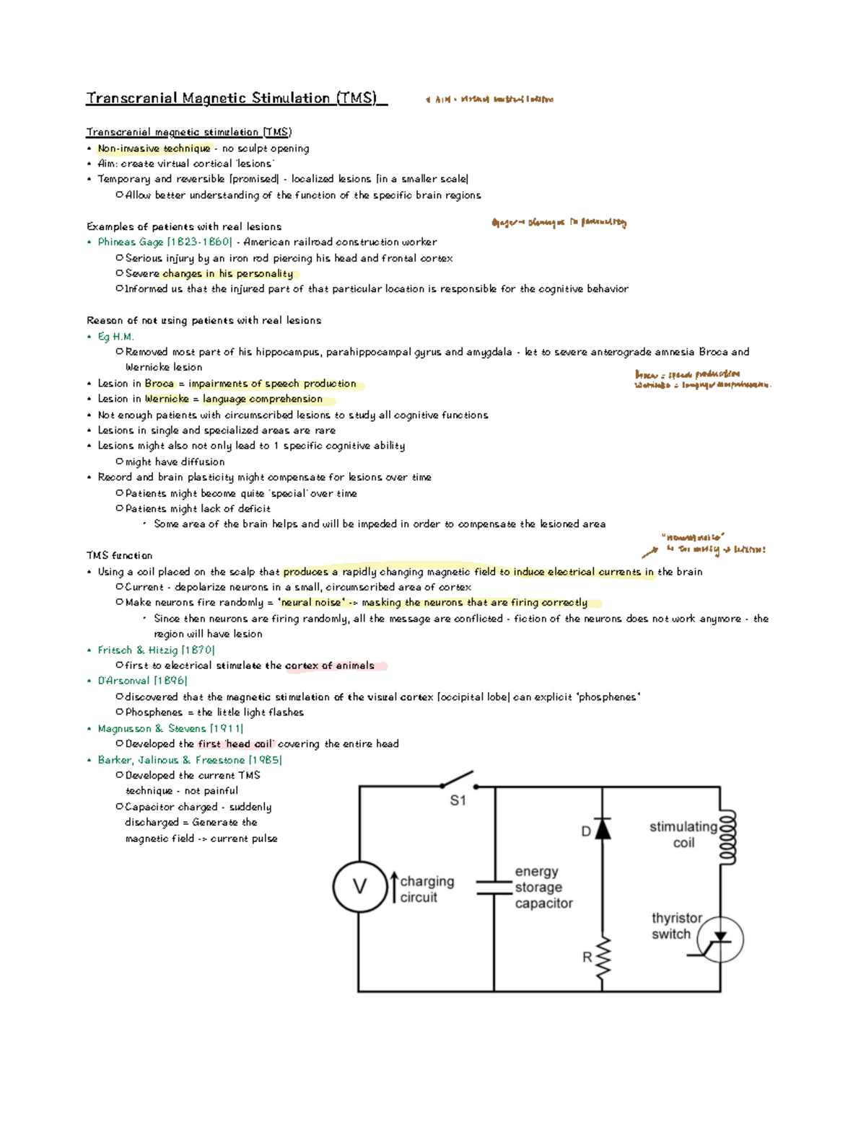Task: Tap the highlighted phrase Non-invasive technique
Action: click(x=154, y=149)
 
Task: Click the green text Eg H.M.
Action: click(x=115, y=337)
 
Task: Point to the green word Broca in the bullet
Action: click(x=159, y=384)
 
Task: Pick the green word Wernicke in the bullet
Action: click(x=167, y=399)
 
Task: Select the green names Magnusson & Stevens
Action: click(x=152, y=728)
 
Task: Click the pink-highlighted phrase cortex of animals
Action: click(x=330, y=666)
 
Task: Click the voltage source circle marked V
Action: click(x=359, y=887)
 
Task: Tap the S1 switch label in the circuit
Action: click(x=458, y=800)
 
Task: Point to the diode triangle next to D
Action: click(x=603, y=829)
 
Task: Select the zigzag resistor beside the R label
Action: click(x=603, y=959)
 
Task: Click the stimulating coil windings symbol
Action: click(x=727, y=836)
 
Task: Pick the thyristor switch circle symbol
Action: click(x=720, y=939)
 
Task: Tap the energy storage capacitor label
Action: click(x=543, y=888)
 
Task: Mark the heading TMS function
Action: click(x=119, y=556)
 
